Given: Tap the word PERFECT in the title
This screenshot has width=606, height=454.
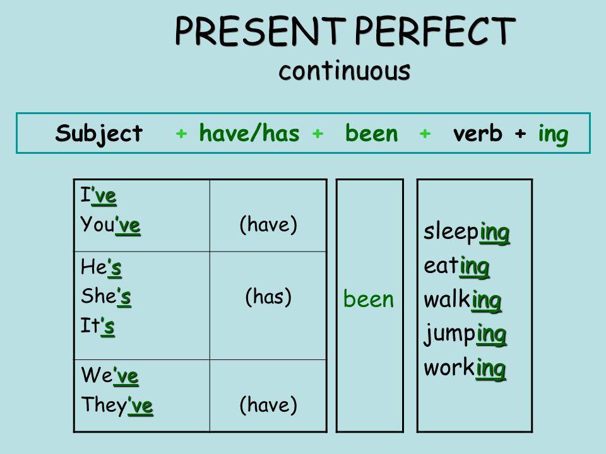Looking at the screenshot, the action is point(435,32).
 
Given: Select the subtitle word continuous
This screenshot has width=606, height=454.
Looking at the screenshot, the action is point(345,71).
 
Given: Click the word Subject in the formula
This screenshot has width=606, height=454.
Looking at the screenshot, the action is point(99,134).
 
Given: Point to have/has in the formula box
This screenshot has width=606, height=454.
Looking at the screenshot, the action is point(249,133).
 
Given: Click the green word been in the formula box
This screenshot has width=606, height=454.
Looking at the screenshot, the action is point(371,133).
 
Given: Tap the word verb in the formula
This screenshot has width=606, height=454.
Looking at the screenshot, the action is point(478,134).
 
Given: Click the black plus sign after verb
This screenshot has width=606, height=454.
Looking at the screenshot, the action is point(520,134).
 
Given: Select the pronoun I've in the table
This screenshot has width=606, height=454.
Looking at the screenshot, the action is point(98,195).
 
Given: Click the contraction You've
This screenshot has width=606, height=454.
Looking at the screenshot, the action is point(110,224).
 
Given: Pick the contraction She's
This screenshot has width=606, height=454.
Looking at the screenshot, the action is point(106,296).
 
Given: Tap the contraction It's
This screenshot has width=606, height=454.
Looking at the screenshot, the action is point(97,326).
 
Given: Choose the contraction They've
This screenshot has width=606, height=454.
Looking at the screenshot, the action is point(117,405).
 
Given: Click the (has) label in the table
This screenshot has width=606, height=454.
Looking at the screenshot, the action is point(269,297).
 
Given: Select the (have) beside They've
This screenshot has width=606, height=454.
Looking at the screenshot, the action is point(269,405).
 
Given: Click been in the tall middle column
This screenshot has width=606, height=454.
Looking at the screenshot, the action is point(368,299).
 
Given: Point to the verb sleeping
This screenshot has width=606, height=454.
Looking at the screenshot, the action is point(467,233).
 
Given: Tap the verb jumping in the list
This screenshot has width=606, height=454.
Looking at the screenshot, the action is point(465,335).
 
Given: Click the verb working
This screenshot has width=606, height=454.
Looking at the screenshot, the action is point(465,368).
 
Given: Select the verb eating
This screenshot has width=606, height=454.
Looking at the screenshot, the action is point(457,267).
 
